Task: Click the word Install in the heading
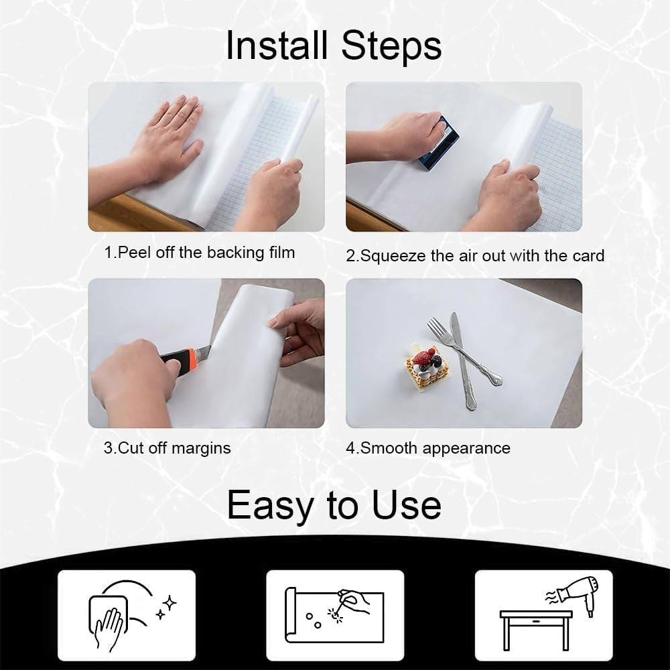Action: coord(277,46)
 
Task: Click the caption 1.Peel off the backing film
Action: coord(200,253)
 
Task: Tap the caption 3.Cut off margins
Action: coord(167,448)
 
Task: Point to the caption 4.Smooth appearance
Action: coord(428,448)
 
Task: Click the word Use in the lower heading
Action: coord(407,505)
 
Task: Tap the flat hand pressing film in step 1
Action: coord(169,137)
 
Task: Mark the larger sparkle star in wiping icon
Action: coord(170,603)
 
